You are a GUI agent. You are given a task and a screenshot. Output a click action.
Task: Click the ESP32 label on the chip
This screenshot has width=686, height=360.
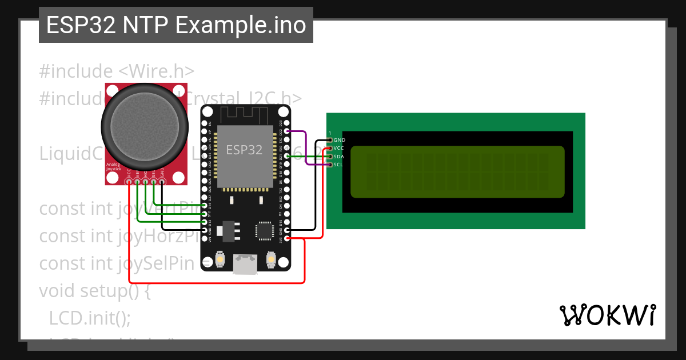(244, 150)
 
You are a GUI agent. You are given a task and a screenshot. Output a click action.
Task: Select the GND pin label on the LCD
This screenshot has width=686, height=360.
(339, 140)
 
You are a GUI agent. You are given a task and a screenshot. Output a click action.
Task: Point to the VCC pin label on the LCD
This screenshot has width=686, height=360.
(338, 148)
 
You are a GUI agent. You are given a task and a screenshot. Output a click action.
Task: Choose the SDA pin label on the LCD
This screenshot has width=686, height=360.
(338, 157)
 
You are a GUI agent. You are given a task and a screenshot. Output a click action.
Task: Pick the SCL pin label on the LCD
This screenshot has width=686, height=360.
(338, 165)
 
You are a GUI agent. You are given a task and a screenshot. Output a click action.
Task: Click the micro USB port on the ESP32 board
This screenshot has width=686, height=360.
(245, 265)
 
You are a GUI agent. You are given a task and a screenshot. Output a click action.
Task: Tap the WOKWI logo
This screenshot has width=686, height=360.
(607, 315)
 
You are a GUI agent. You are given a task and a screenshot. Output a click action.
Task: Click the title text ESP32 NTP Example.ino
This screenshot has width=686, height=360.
(176, 25)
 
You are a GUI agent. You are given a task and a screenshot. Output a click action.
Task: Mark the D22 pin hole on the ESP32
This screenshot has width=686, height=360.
(286, 131)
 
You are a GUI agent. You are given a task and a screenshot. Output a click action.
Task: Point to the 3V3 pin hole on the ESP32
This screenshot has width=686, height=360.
(286, 238)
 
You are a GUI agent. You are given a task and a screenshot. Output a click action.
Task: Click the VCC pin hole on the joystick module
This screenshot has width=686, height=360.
(130, 182)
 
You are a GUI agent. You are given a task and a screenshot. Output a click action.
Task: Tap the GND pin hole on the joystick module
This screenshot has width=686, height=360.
(162, 182)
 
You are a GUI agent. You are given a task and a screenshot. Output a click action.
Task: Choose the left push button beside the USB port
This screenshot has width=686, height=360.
(220, 261)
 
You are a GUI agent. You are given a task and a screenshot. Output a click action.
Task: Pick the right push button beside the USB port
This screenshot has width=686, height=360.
(271, 261)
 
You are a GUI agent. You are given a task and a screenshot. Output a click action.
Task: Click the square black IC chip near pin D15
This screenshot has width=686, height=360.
(264, 230)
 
